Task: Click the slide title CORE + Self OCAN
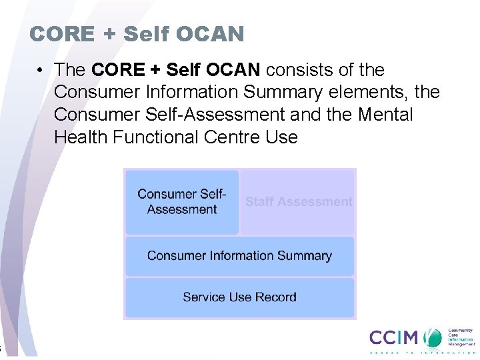[137, 33]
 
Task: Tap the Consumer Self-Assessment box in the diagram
[182, 202]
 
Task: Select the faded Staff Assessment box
[298, 202]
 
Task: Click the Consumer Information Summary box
[239, 256]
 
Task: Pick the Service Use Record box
[239, 297]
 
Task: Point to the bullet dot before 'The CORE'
[41, 70]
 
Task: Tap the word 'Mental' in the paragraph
[385, 115]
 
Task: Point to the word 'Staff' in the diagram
[261, 202]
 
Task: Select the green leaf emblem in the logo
[434, 337]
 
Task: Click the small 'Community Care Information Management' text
[460, 337]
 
